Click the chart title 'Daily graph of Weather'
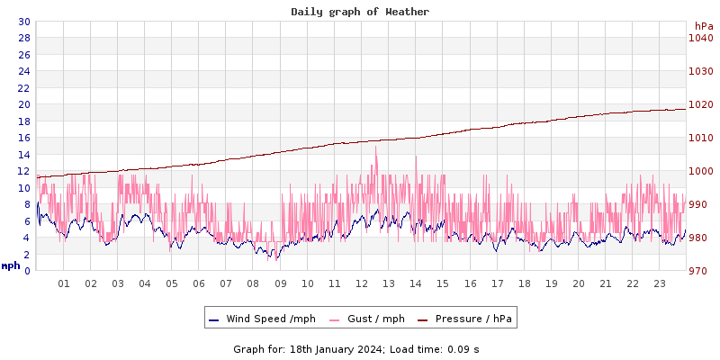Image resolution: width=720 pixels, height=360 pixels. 360,12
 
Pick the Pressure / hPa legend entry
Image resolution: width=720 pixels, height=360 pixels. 467,319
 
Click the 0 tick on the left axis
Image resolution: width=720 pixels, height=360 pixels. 26,271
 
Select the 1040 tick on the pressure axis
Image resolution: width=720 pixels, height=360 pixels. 700,38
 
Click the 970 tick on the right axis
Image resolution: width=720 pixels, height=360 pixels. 700,271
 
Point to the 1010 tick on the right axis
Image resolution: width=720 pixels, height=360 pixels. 700,138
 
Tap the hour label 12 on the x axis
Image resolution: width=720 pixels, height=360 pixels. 362,283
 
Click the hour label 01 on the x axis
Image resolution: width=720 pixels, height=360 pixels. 64,283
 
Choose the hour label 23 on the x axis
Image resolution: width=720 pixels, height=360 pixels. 660,283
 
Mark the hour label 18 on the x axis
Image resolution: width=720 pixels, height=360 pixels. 524,283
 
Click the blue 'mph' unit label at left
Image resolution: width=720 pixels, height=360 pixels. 11,266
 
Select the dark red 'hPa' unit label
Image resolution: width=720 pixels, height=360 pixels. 703,26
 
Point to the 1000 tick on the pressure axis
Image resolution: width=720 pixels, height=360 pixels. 700,171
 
